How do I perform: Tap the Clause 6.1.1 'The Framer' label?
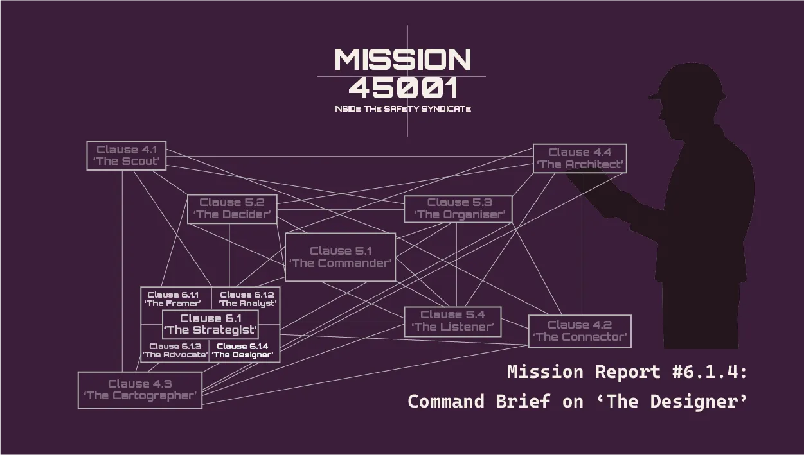pos(173,299)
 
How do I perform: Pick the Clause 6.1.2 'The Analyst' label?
pos(247,299)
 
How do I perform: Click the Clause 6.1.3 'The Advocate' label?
pos(175,350)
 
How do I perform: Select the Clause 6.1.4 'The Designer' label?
pos(243,350)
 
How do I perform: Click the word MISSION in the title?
pos(402,60)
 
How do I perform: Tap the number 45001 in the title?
pos(404,88)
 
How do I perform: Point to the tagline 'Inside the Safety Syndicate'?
pos(402,109)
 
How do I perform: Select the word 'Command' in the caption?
pos(446,401)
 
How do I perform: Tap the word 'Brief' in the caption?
pos(523,401)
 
